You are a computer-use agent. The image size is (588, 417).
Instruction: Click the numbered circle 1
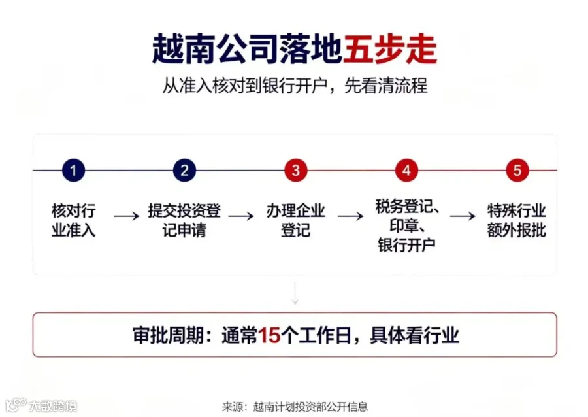[73, 170]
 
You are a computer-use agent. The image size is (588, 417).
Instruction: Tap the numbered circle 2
[184, 170]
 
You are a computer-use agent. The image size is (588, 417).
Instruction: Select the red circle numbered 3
[296, 170]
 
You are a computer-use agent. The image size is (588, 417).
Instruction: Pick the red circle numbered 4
[407, 170]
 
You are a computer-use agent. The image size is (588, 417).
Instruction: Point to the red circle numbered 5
[517, 170]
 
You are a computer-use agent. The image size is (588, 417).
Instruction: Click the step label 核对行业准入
[73, 220]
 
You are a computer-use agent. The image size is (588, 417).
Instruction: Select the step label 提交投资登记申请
[184, 220]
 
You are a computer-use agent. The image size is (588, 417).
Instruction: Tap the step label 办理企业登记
[295, 220]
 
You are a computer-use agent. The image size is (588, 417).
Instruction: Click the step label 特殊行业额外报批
[516, 220]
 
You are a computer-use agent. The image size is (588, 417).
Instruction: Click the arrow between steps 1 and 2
[127, 216]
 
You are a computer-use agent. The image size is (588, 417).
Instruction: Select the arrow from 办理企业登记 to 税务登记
[350, 216]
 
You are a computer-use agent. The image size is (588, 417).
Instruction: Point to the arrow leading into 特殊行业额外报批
[463, 216]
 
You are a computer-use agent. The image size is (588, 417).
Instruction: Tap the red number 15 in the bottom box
[269, 335]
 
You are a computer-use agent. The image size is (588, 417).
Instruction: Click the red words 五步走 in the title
[390, 49]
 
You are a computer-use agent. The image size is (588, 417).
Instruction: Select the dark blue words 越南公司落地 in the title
[248, 49]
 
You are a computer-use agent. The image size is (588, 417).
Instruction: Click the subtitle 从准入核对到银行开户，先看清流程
[295, 86]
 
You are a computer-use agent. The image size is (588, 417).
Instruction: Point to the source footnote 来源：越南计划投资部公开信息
[295, 407]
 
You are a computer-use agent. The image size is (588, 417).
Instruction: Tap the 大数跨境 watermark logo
[41, 405]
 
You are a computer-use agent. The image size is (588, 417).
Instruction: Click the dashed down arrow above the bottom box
[295, 293]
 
